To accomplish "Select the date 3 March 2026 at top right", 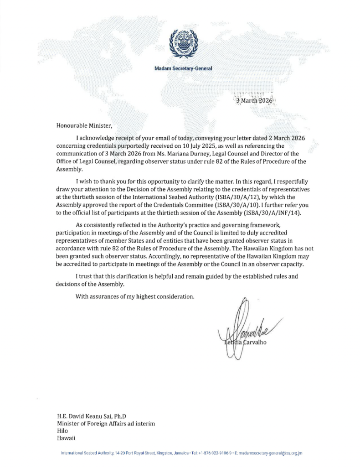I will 254,101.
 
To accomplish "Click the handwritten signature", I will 248,326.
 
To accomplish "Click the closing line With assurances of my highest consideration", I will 135,297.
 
